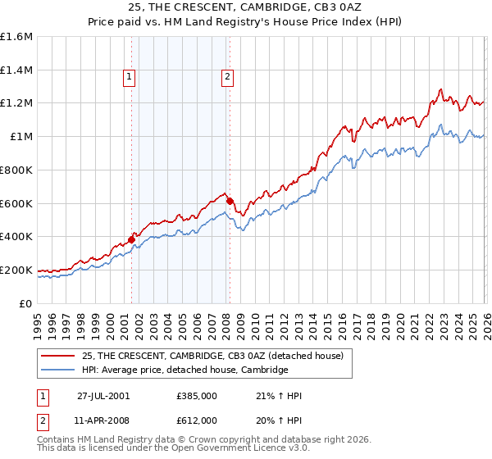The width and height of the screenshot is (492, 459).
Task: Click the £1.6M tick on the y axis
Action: [16, 37]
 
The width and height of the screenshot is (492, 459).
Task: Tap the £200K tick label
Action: [16, 270]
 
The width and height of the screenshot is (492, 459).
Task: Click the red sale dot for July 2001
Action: [132, 239]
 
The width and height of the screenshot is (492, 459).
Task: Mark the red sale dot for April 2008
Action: [230, 201]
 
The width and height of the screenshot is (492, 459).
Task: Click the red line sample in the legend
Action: [58, 356]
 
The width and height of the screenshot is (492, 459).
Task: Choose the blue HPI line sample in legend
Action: [58, 370]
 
